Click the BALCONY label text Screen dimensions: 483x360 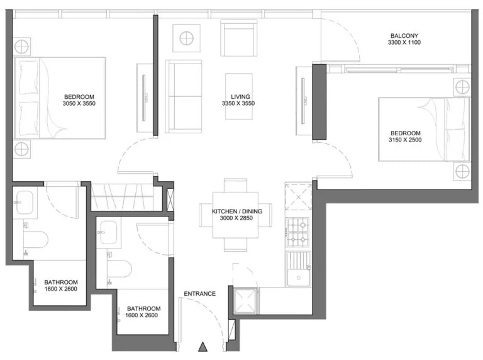[x=404, y=36]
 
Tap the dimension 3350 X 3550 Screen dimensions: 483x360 [x=238, y=104]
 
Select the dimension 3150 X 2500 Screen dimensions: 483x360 [x=405, y=140]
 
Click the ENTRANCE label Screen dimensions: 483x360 [x=199, y=294]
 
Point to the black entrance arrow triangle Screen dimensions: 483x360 [x=203, y=347]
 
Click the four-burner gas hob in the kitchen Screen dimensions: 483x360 [x=298, y=232]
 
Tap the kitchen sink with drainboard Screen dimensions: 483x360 [x=298, y=269]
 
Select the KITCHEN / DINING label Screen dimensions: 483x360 [x=237, y=211]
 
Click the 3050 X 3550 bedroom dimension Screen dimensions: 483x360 [x=79, y=104]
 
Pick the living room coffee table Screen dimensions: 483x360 [x=239, y=96]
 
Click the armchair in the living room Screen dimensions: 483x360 [x=239, y=38]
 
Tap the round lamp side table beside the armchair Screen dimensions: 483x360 [x=187, y=38]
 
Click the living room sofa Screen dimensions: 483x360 [x=184, y=96]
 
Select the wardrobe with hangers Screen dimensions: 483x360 [x=126, y=196]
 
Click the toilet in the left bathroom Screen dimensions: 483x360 [x=36, y=239]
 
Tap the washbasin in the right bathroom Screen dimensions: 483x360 [x=108, y=232]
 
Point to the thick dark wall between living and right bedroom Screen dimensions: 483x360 [x=319, y=102]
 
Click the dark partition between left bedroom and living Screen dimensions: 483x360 [x=155, y=76]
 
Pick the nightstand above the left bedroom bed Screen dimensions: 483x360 [x=21, y=47]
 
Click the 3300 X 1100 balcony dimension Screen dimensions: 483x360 [x=404, y=43]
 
